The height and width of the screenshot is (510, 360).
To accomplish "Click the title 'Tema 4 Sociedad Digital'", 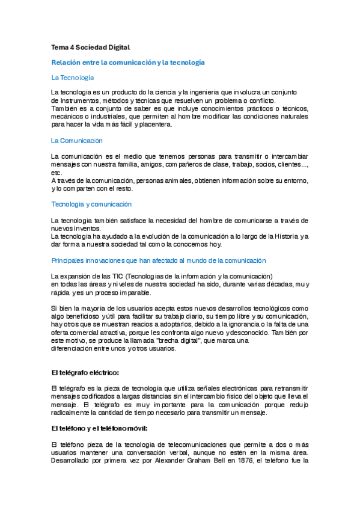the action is (91, 47).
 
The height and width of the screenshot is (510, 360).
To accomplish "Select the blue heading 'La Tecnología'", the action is (73, 78).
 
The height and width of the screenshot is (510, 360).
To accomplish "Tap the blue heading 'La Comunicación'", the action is (77, 140).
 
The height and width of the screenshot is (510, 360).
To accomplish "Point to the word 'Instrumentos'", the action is (72, 100).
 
